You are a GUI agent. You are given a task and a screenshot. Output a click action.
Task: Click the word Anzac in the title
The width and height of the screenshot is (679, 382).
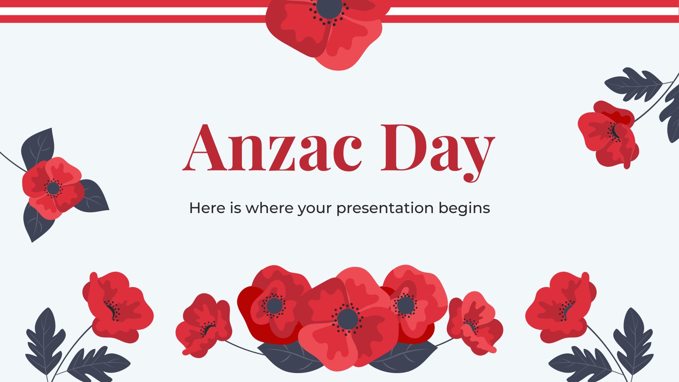272,148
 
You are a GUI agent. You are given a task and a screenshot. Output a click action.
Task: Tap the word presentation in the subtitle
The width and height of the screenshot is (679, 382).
385,208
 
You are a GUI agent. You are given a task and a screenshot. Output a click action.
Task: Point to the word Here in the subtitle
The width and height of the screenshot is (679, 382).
207,208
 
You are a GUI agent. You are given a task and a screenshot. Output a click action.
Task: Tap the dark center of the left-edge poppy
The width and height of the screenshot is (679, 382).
53,188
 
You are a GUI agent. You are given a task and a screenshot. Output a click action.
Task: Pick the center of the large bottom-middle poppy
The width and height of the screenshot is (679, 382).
348,319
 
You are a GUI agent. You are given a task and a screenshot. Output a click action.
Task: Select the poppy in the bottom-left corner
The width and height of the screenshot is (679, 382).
118,307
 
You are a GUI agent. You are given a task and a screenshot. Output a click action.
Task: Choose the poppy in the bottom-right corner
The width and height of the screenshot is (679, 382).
561,307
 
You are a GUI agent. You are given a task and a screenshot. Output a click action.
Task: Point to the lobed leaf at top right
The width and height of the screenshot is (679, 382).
634,84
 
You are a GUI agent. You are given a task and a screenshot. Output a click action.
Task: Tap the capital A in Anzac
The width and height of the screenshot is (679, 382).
205,148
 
